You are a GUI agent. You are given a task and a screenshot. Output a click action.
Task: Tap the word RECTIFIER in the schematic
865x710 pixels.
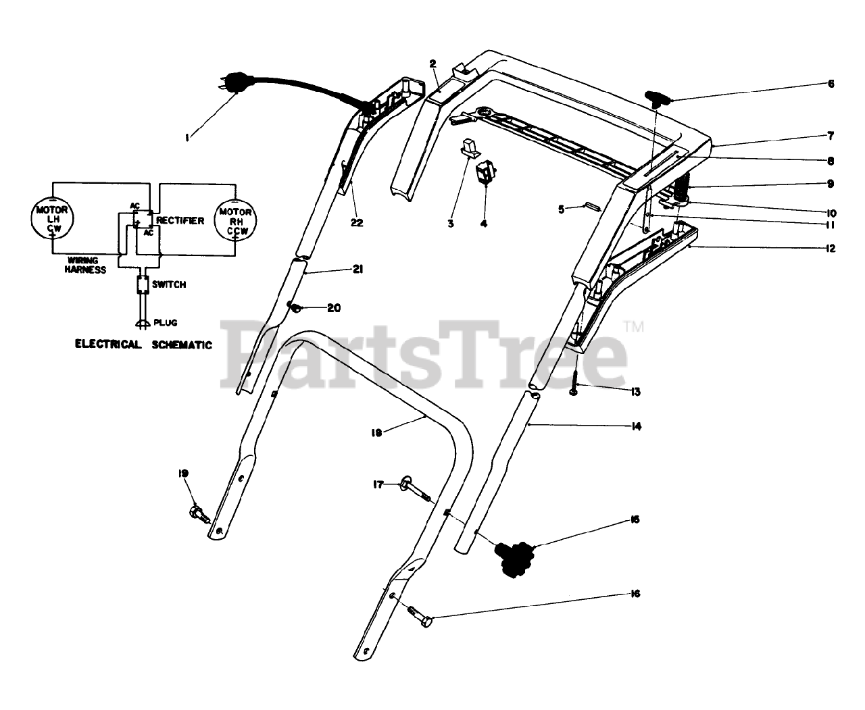[x=180, y=221]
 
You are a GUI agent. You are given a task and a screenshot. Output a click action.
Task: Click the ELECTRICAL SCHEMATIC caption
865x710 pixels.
[x=143, y=345]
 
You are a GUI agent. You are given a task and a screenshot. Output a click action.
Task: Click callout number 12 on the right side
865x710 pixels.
[x=830, y=249]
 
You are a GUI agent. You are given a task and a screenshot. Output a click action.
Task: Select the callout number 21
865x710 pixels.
[x=357, y=270]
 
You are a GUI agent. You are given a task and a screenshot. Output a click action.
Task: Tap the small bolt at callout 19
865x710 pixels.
[x=200, y=513]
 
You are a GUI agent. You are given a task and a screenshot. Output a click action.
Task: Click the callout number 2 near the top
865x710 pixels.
[x=432, y=64]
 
